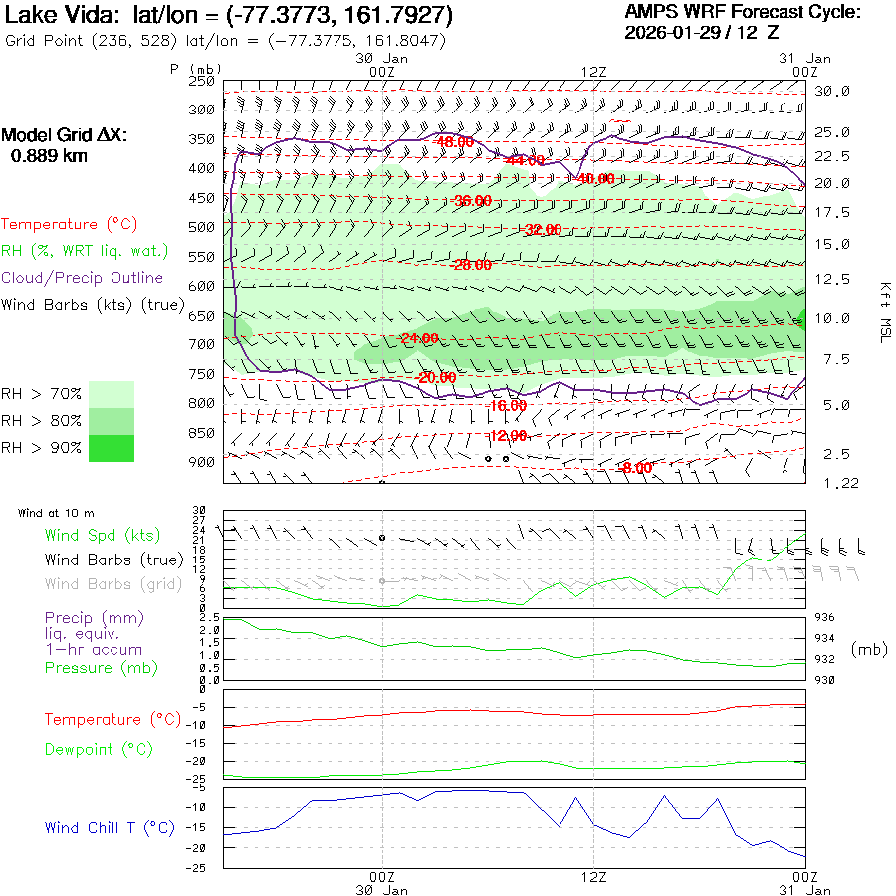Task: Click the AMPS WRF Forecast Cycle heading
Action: (743, 12)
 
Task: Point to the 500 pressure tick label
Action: (202, 227)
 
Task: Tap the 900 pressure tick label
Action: (202, 462)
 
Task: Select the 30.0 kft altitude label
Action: (832, 91)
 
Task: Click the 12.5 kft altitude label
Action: (832, 279)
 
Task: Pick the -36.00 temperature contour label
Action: (471, 201)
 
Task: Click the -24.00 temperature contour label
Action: (417, 337)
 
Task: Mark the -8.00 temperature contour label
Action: (635, 468)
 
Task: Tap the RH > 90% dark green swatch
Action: (112, 448)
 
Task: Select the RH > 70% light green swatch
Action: (112, 394)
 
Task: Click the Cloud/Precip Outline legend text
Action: (83, 278)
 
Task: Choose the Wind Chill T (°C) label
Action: (110, 828)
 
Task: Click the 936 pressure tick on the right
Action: (827, 618)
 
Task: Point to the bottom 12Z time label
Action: (593, 877)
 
